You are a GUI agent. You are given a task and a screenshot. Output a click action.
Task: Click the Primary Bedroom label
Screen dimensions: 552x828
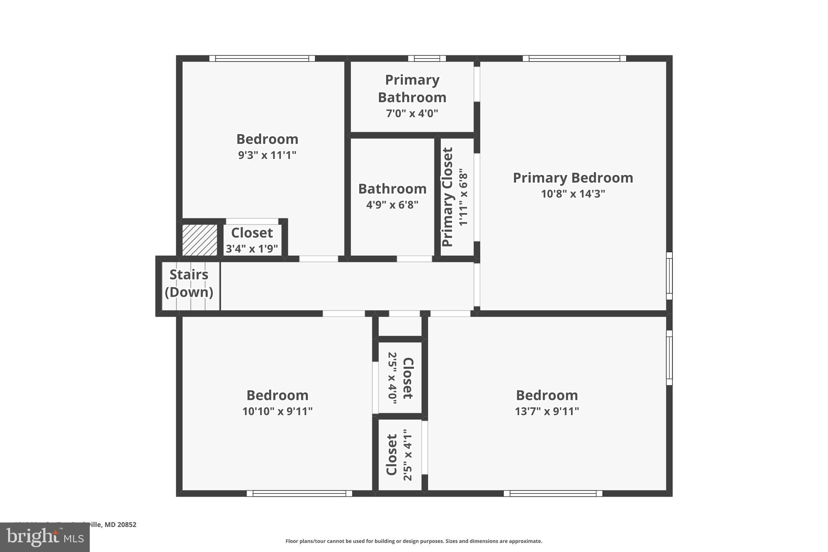coord(573,178)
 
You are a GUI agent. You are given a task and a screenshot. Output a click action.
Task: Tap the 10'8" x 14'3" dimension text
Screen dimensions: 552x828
coord(573,194)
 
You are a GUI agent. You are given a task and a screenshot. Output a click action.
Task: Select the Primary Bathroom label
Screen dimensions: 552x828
coord(412,89)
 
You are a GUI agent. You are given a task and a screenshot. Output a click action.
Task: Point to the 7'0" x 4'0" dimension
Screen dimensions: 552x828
coord(412,113)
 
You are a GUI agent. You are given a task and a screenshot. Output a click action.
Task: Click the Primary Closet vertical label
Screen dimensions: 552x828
coord(448,197)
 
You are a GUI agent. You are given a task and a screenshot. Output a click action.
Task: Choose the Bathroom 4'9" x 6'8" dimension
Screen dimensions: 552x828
coord(392,205)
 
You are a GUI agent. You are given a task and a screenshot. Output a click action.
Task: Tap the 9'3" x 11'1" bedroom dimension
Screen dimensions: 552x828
coord(267,155)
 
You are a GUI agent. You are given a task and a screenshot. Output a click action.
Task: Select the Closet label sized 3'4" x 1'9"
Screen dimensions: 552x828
coord(252,233)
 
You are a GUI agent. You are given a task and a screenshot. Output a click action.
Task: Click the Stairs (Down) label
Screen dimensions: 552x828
coord(189,283)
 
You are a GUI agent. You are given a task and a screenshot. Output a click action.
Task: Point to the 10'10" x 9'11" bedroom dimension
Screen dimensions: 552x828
coord(277,412)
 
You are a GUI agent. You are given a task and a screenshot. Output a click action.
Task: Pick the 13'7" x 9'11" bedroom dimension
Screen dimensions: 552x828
coord(547,412)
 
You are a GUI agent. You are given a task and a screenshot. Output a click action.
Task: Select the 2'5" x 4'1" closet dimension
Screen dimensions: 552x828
coord(408,455)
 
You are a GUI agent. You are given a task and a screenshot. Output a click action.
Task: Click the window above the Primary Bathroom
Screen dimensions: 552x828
coord(427,59)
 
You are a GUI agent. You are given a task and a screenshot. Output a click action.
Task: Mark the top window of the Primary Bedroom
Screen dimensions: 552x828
coord(574,59)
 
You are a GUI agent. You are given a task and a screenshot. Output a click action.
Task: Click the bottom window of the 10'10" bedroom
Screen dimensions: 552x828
coord(299,493)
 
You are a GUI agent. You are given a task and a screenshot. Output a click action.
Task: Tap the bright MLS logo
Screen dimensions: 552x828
coord(45,537)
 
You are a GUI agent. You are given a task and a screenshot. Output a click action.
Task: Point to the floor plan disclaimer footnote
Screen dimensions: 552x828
coord(414,541)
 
